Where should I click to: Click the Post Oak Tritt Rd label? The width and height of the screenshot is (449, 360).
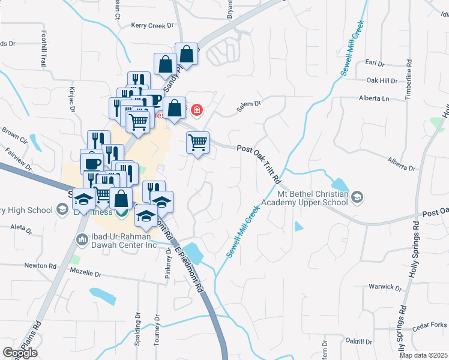[259, 163]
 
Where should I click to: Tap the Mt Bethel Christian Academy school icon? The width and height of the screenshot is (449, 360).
[357, 197]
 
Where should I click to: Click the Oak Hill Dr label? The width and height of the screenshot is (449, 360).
[382, 80]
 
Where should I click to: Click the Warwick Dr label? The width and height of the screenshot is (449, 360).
[385, 287]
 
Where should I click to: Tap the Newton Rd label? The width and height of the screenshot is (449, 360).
[40, 265]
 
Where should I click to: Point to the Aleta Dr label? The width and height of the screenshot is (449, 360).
[21, 228]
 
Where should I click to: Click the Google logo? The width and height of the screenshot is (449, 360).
[20, 352]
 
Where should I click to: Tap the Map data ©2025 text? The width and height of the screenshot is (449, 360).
[423, 355]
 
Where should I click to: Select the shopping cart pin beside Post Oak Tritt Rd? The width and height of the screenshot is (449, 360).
[197, 143]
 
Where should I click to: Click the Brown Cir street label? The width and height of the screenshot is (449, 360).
[15, 136]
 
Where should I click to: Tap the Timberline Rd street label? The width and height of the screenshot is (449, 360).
[408, 75]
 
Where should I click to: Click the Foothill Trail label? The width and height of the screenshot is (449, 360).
[44, 49]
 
